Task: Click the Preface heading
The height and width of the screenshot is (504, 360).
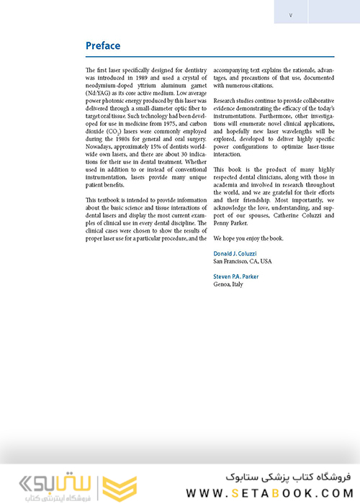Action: point(102,46)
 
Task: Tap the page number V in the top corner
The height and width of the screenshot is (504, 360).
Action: point(290,14)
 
